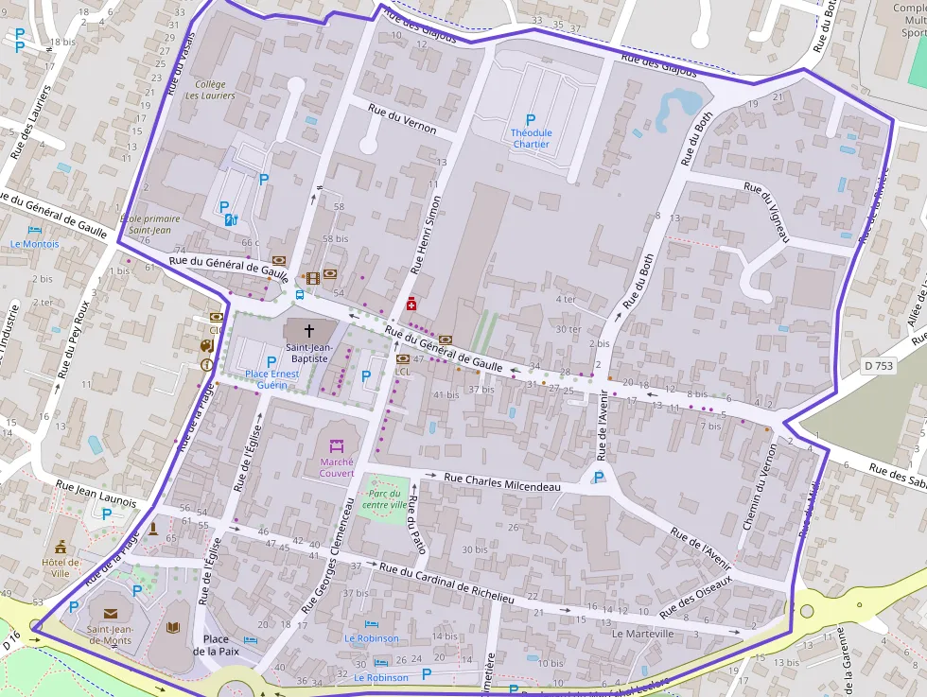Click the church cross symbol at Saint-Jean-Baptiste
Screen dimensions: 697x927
[309, 331]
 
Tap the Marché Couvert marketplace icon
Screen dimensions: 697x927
[337, 444]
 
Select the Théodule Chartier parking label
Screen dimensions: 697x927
[530, 139]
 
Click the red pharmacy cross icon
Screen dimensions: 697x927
[411, 304]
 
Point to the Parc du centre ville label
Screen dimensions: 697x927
[387, 499]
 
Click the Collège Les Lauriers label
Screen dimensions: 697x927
[210, 90]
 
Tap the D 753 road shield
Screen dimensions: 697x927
[879, 365]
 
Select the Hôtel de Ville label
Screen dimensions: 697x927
[61, 567]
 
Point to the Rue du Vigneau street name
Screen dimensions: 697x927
[766, 212]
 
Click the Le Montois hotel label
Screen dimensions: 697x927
[35, 243]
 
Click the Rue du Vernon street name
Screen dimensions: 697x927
[402, 119]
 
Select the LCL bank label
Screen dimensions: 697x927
[403, 372]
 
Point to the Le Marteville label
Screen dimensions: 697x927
[643, 634]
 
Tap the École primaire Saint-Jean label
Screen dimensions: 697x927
[149, 224]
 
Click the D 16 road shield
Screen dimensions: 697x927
[10, 643]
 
